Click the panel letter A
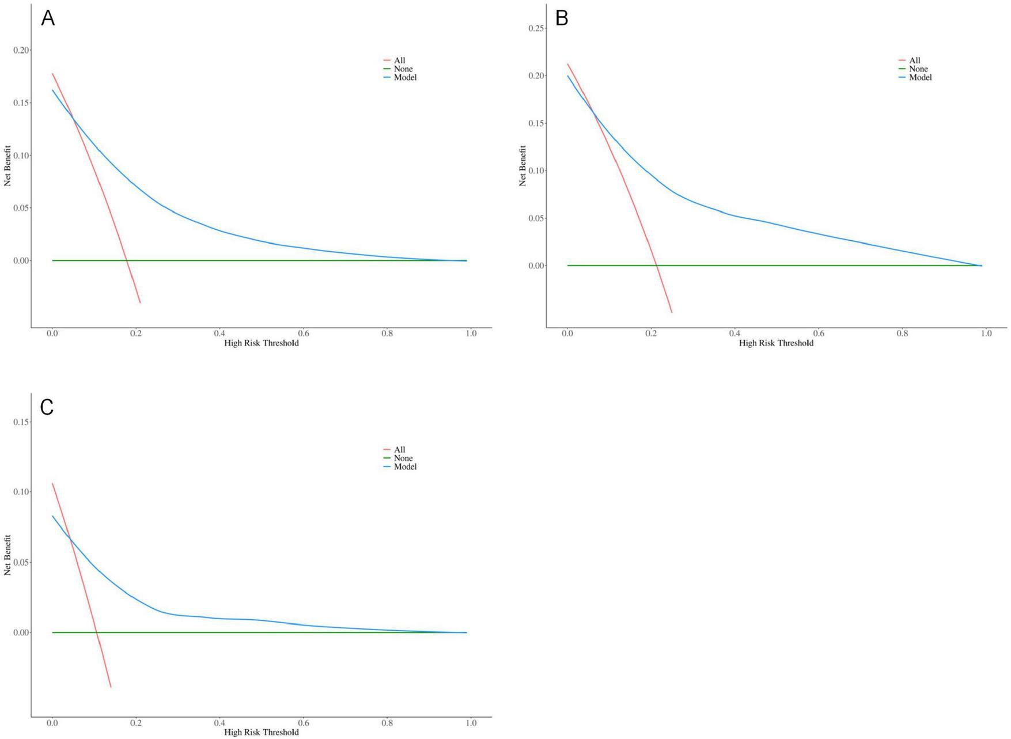point(48,19)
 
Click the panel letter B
point(562,19)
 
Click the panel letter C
point(47,407)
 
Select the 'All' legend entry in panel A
point(399,60)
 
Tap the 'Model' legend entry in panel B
point(920,77)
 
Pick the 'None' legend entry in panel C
point(403,458)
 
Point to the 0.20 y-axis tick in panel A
point(21,50)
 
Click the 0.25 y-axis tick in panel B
point(536,28)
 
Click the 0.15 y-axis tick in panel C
point(21,422)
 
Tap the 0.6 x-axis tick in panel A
point(304,334)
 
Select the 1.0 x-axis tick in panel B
point(986,334)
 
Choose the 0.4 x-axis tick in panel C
point(219,723)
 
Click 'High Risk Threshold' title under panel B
point(776,343)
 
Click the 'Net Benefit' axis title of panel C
point(7,555)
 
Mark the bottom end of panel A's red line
point(140,302)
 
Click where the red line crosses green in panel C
point(97,632)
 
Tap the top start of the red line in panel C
point(52,483)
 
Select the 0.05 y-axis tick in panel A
point(21,208)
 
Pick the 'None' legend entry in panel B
point(918,69)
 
